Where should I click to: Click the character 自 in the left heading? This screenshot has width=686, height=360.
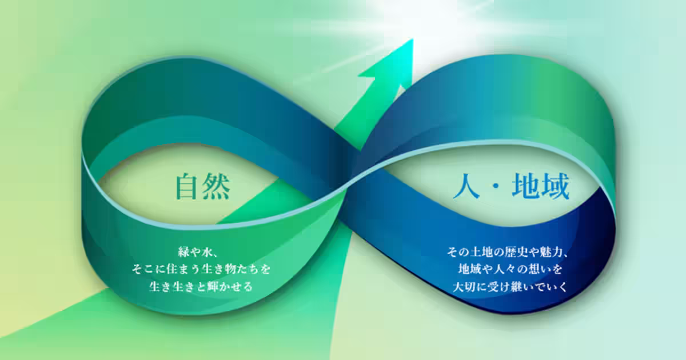[x=189, y=186]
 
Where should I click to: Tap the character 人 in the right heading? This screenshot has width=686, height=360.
[x=466, y=187]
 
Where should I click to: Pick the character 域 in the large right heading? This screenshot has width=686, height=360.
[x=555, y=187]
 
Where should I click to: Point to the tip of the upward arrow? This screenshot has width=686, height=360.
[x=411, y=41]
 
